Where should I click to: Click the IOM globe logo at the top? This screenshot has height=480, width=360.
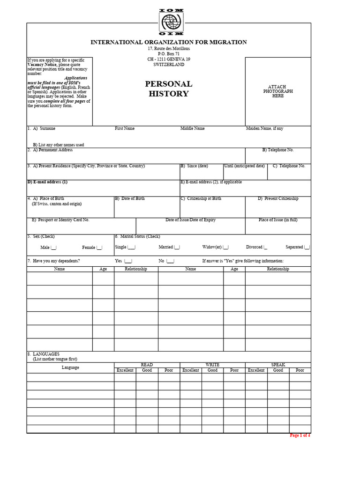[x=172, y=22]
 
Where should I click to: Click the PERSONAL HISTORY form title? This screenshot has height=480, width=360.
[x=169, y=89]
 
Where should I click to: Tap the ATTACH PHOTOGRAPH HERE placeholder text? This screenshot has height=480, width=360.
[x=278, y=91]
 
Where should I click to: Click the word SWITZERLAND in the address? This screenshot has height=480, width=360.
[x=169, y=65]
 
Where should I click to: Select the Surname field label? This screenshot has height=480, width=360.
[x=47, y=128]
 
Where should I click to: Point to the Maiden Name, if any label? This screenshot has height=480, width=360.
[x=264, y=128]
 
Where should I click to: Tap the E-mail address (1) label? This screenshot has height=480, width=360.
[x=47, y=182]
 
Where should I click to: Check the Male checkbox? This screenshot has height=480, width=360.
[x=53, y=247]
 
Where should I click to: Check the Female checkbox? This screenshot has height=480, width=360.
[x=99, y=247]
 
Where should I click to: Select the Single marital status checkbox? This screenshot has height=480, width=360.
[x=131, y=247]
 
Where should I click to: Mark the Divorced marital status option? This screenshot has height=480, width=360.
[x=265, y=247]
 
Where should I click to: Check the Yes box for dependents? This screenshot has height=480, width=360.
[x=128, y=261]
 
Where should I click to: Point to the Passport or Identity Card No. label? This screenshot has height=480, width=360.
[x=60, y=220]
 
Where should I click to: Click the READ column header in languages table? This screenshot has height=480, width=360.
[x=147, y=365]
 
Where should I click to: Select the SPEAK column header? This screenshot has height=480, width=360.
[x=278, y=365]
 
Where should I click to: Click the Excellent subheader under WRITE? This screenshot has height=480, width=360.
[x=191, y=370]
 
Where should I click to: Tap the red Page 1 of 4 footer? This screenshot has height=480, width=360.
[x=300, y=435]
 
